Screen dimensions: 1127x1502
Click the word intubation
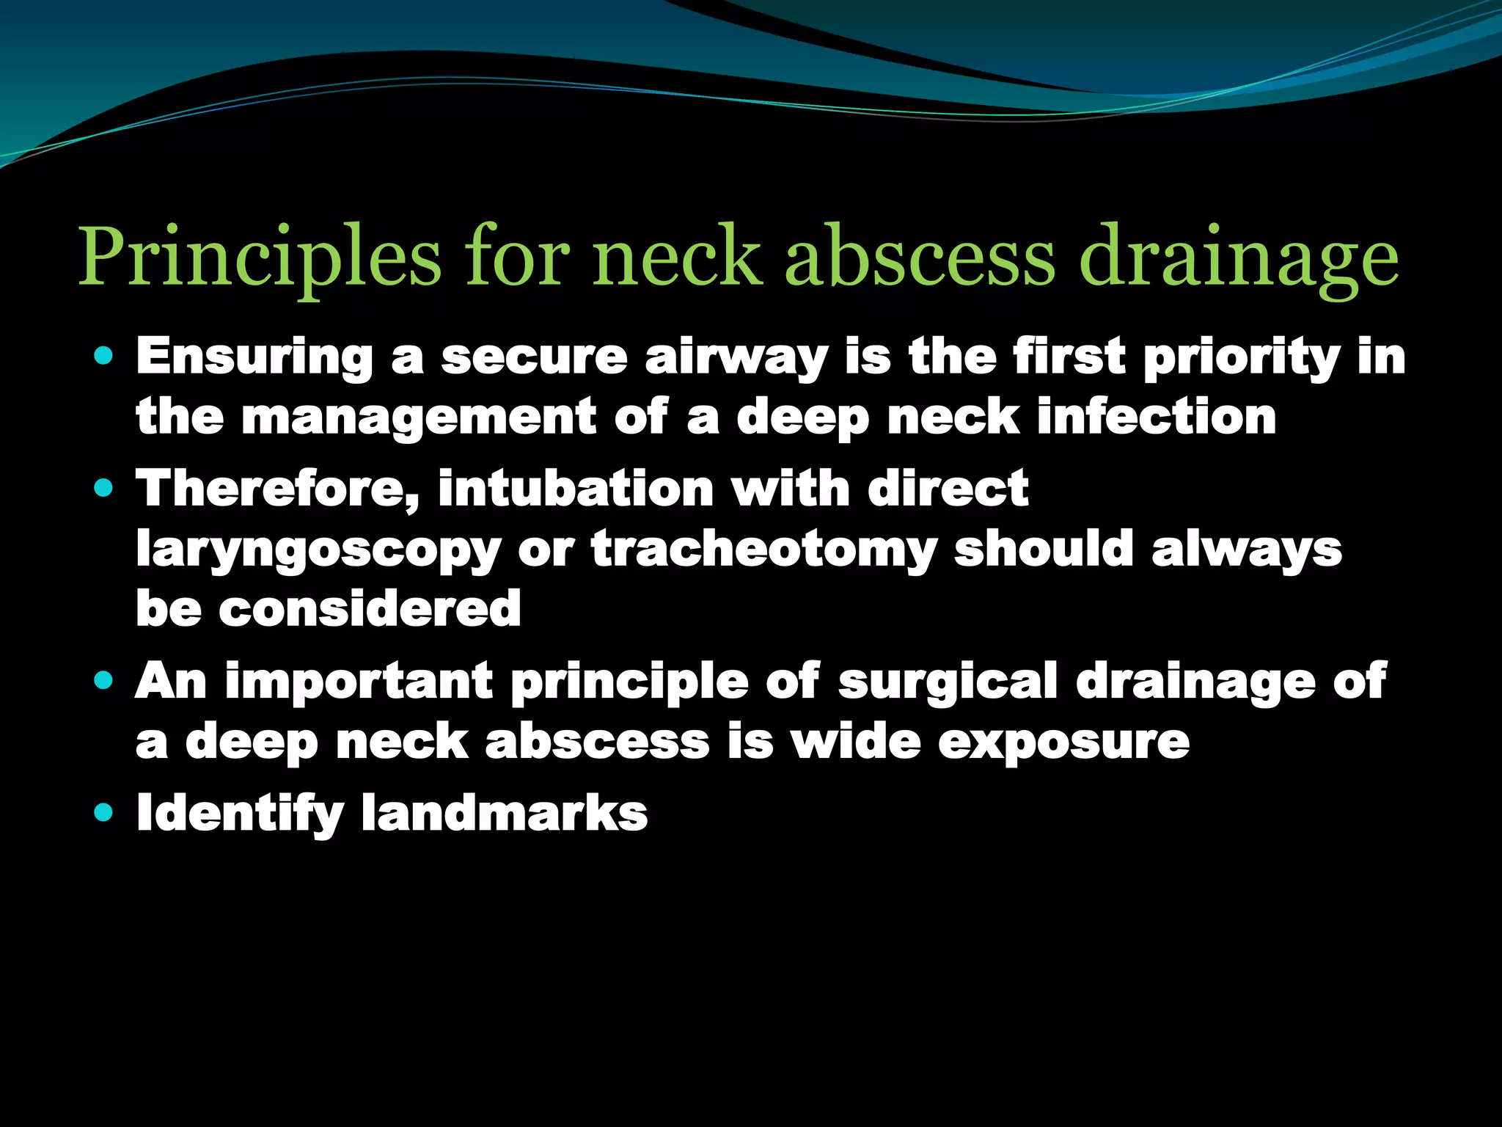[576, 489]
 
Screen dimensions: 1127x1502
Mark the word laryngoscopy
[318, 550]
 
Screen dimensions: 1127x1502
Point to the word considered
[370, 608]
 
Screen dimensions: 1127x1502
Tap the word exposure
[1064, 742]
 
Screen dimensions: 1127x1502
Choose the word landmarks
[505, 813]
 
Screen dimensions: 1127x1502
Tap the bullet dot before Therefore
[104, 489]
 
